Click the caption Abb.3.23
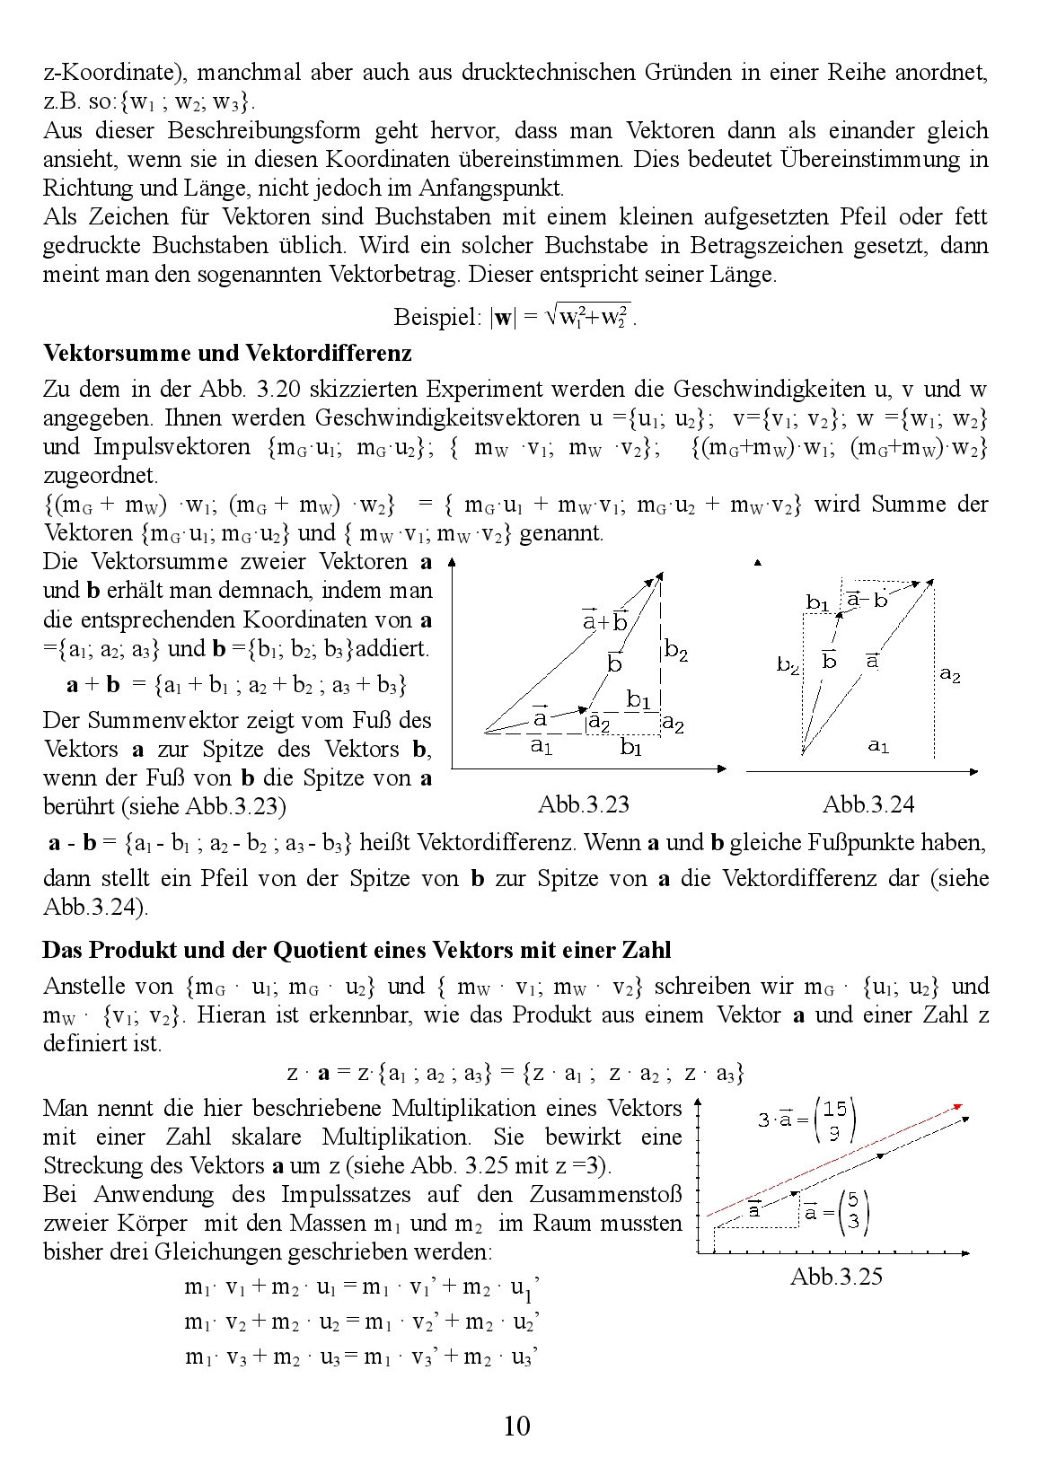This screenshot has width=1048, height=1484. (x=584, y=804)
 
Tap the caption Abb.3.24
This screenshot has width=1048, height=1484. (x=867, y=804)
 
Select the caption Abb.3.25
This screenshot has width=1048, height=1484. (x=836, y=1276)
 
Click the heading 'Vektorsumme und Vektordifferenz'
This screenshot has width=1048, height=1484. (x=227, y=353)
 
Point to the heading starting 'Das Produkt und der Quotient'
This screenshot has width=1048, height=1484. (x=357, y=949)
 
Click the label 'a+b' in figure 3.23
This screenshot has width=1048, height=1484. (x=604, y=620)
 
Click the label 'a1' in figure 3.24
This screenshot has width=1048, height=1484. (x=879, y=745)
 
